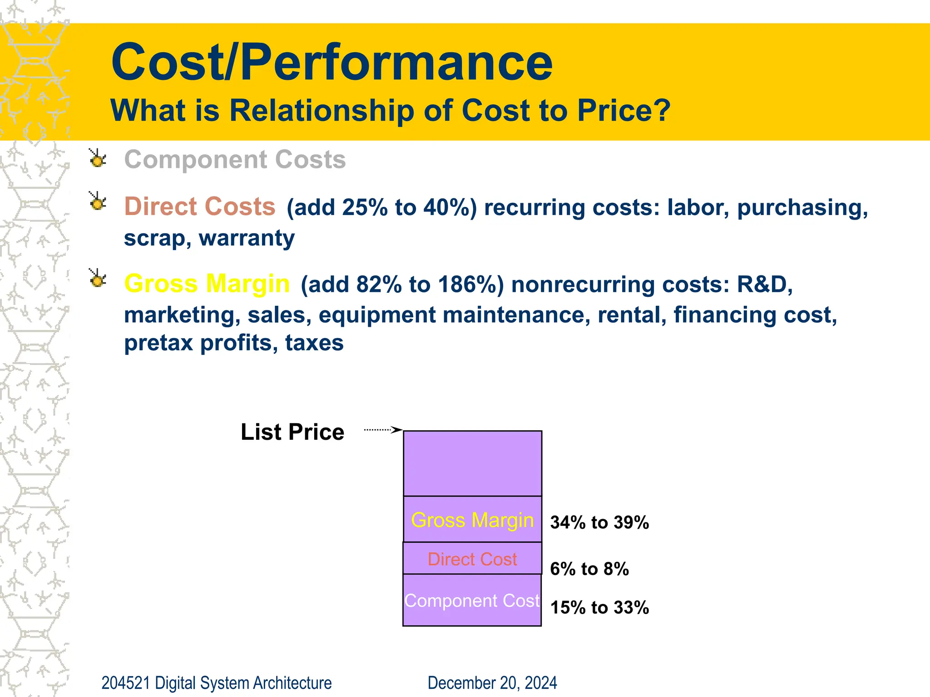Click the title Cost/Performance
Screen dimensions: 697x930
(331, 62)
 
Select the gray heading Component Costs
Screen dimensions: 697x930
(235, 160)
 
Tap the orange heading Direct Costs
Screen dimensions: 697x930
(200, 206)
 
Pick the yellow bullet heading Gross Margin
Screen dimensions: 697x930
(207, 284)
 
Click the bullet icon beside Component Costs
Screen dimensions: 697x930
(97, 158)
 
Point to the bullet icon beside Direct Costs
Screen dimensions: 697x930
(97, 201)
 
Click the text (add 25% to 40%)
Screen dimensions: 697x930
(381, 207)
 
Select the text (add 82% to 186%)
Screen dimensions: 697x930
(402, 285)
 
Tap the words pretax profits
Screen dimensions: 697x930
(198, 343)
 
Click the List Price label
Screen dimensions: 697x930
(292, 432)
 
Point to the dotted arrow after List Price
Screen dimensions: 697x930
(383, 429)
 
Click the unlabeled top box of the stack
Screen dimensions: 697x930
(472, 463)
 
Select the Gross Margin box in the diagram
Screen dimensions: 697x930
(472, 520)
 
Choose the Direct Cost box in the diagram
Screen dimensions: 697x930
(472, 559)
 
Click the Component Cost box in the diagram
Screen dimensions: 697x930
(472, 601)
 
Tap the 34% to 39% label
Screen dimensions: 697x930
(599, 522)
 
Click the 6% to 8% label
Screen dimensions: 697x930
(589, 569)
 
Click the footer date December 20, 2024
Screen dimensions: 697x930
(492, 683)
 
